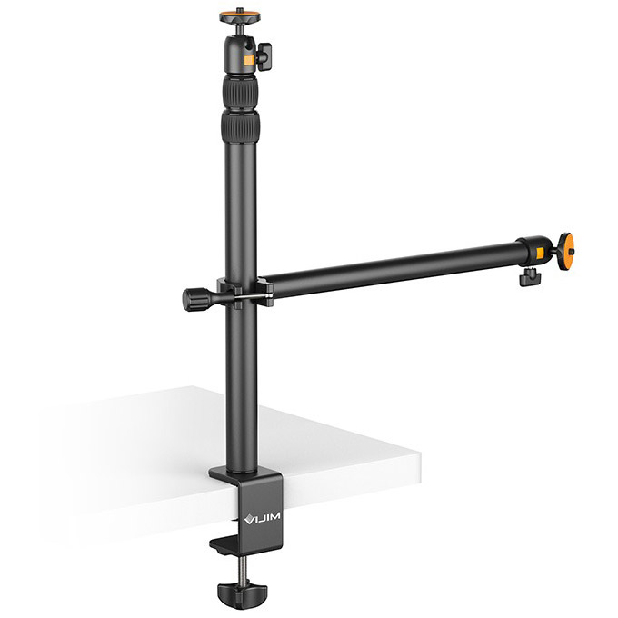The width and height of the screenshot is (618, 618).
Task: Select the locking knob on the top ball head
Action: pos(264,56)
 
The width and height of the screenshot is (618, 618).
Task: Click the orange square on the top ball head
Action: pos(249,60)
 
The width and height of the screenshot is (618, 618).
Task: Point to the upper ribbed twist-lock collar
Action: pos(239,92)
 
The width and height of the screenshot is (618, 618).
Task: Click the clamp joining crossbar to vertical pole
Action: pos(244,293)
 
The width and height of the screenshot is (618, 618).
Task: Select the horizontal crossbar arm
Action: pos(391,267)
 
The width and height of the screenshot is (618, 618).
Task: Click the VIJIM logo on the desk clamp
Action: pos(264,519)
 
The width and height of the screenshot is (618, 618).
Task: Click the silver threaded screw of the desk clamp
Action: pos(243,567)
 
